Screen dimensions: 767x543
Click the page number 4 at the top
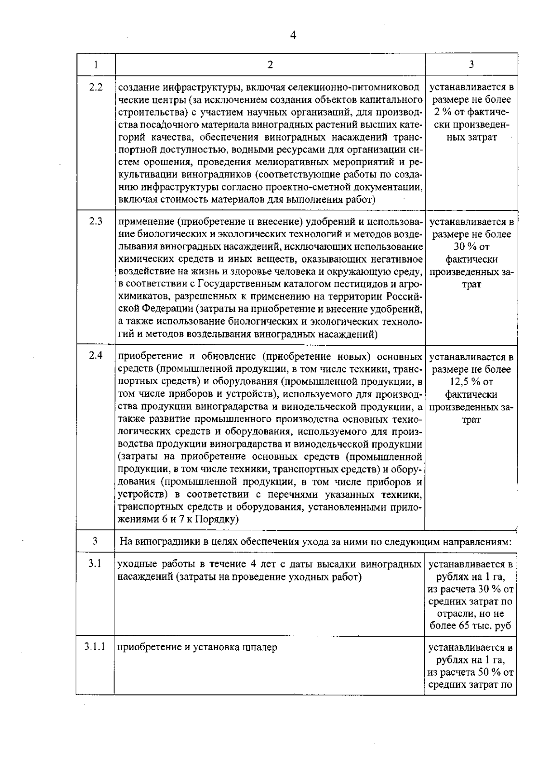(293, 35)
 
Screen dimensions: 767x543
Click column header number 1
(96, 65)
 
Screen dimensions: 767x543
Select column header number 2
(270, 65)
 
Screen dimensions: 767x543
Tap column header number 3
(471, 65)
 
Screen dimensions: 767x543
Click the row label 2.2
(96, 87)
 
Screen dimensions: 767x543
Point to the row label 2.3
(96, 222)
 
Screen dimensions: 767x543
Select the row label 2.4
(96, 355)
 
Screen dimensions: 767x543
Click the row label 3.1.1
(95, 647)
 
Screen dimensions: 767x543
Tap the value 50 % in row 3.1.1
(494, 672)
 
